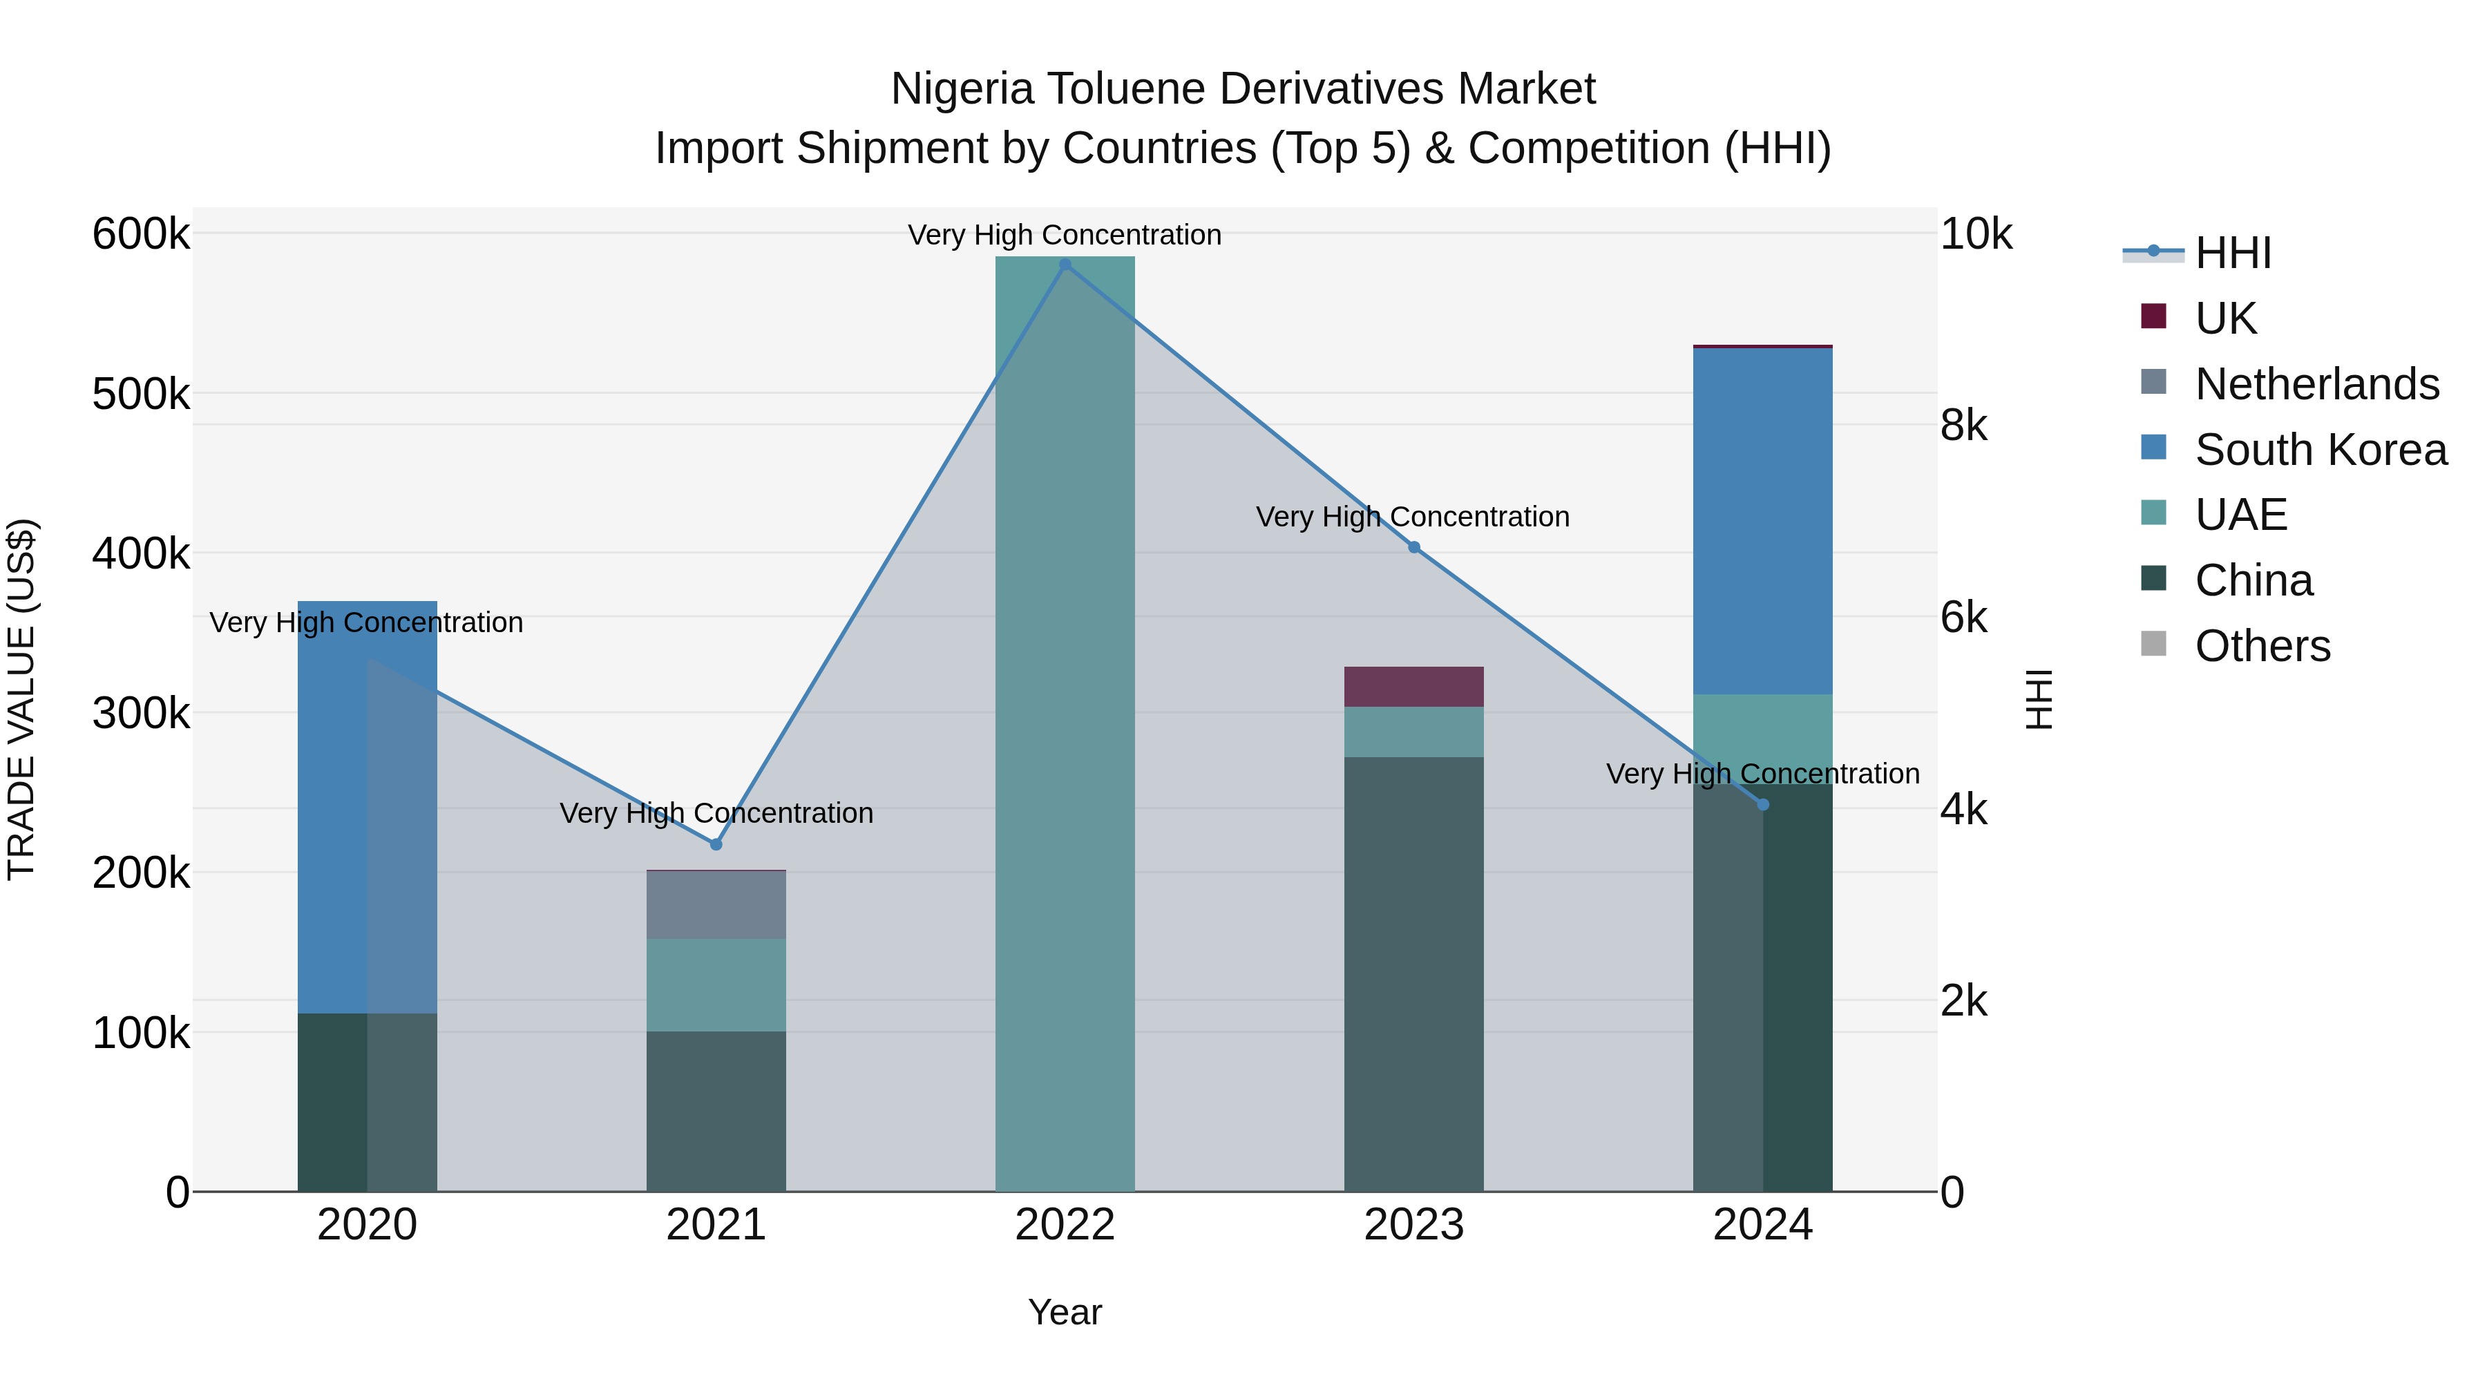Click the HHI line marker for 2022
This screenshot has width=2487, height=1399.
pyautogui.click(x=1065, y=265)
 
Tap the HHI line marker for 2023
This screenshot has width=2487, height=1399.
pyautogui.click(x=1413, y=547)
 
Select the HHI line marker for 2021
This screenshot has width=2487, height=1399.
pyautogui.click(x=716, y=845)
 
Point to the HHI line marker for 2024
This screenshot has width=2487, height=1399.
pyautogui.click(x=1763, y=804)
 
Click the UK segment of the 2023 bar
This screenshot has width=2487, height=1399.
pyautogui.click(x=1413, y=687)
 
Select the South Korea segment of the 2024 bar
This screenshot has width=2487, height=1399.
pyautogui.click(x=1763, y=522)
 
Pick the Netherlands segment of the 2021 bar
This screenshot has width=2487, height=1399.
pyautogui.click(x=716, y=904)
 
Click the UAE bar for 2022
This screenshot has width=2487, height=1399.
pyautogui.click(x=1065, y=724)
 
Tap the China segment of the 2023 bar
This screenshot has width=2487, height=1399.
pyautogui.click(x=1413, y=975)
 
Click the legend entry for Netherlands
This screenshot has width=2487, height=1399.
pyautogui.click(x=2317, y=384)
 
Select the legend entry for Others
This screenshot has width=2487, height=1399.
pyautogui.click(x=2262, y=646)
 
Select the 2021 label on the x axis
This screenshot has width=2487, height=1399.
pyautogui.click(x=716, y=1225)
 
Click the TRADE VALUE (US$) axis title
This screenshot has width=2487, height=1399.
pyautogui.click(x=22, y=699)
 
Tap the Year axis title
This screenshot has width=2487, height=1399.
pyautogui.click(x=1065, y=1312)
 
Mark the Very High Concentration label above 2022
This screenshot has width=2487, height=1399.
pyautogui.click(x=1065, y=235)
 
